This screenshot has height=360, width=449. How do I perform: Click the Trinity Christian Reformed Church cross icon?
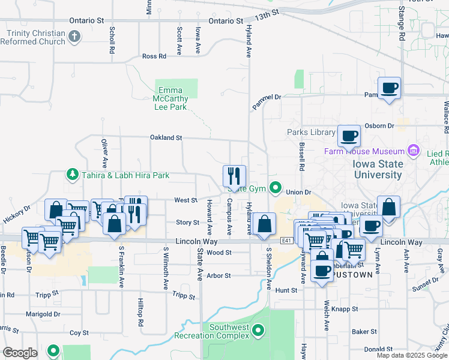(75, 37)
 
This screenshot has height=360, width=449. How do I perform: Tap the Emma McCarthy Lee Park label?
(170, 99)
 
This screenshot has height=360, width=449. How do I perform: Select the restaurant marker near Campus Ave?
(234, 175)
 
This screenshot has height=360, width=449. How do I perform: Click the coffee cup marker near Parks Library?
(348, 136)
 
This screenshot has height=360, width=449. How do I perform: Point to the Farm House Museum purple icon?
(414, 149)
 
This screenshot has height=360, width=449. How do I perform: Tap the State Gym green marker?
(276, 188)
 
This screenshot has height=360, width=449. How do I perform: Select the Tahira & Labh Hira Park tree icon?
(72, 175)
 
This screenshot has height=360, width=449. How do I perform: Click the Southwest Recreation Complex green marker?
(258, 329)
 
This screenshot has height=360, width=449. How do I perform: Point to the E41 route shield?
(286, 241)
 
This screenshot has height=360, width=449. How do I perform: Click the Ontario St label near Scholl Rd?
(86, 20)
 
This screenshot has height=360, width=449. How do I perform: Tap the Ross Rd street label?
(154, 56)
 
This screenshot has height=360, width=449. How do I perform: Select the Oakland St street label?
(166, 137)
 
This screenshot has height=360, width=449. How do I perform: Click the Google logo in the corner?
(20, 353)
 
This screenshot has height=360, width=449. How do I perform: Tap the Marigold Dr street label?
(44, 314)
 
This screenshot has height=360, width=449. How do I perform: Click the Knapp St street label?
(346, 310)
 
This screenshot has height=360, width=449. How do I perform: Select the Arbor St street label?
(218, 276)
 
